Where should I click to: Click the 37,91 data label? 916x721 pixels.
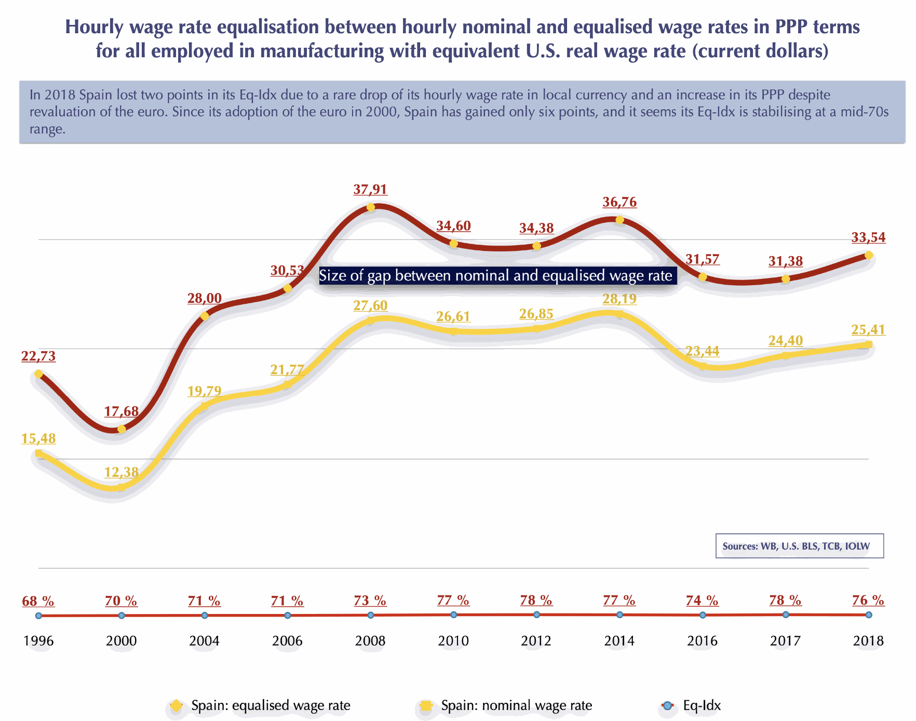pos(370,190)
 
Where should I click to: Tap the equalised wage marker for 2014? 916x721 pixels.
pos(619,220)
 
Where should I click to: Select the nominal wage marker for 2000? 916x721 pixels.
pos(122,487)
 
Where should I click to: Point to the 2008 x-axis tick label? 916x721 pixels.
pos(370,641)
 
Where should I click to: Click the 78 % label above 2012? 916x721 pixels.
pos(536,600)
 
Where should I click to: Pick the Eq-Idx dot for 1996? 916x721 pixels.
pos(38,616)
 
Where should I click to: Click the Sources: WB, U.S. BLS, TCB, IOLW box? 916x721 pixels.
pos(799,546)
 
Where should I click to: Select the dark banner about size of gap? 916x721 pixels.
pos(497,275)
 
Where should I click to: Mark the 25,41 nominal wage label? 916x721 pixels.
pos(868,330)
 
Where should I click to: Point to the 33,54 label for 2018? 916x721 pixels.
pos(868,238)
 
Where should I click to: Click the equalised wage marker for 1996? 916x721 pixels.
pos(38,373)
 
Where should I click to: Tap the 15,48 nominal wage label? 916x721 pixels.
pos(38,439)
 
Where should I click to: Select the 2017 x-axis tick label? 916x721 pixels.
pos(786,641)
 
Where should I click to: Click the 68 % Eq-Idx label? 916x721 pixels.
pos(38,601)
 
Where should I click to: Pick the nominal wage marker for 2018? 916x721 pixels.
pos(868,344)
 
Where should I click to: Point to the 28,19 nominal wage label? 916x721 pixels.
pos(619,299)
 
